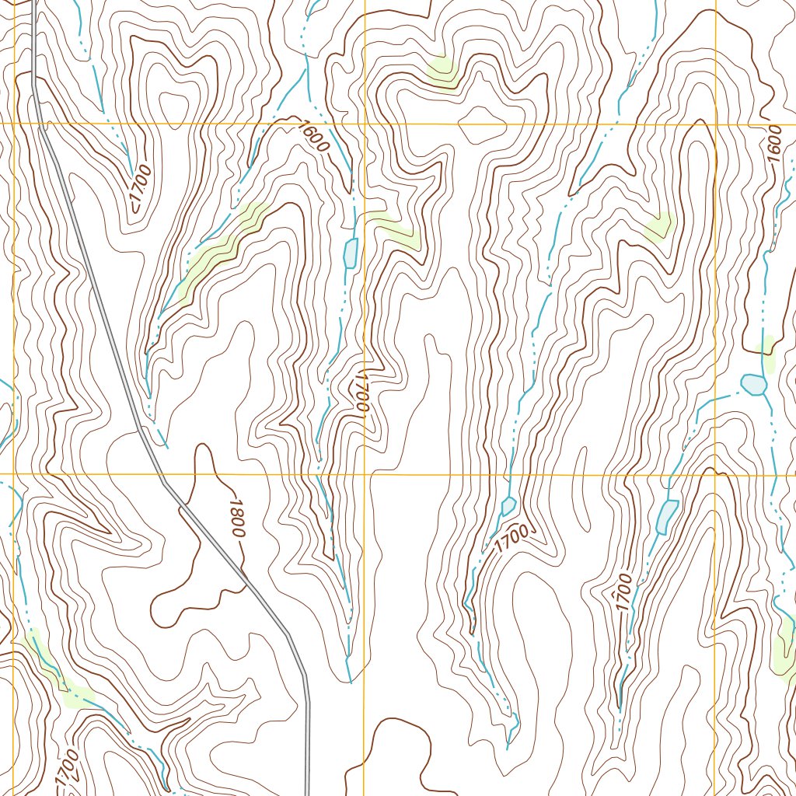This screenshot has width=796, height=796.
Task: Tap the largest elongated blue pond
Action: (666, 517)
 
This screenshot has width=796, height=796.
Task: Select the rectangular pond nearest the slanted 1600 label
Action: (351, 253)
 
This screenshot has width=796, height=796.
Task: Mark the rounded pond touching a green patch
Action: (752, 384)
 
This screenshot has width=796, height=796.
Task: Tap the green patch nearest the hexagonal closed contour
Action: (441, 71)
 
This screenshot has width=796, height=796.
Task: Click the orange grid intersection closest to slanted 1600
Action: (365, 124)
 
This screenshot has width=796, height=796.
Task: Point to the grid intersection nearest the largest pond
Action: (715, 474)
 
